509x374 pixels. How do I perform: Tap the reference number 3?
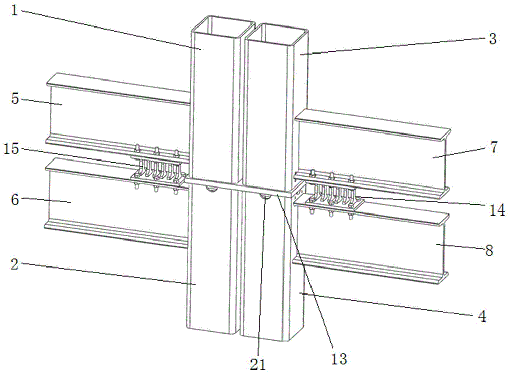[x=492, y=40]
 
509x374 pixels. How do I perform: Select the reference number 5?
[x=15, y=98]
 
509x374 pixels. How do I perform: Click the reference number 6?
[x=15, y=200]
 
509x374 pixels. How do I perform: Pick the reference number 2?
[x=14, y=264]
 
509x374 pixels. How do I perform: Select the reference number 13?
[x=339, y=359]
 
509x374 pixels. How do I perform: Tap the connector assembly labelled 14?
[x=331, y=196]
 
